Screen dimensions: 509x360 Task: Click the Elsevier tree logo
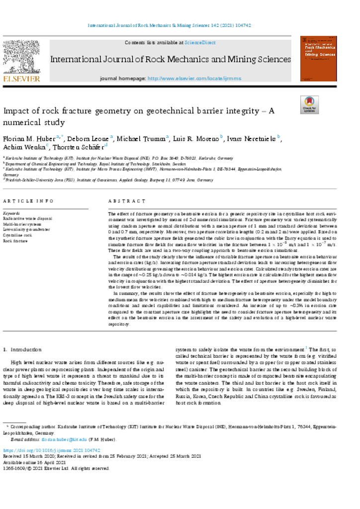[21, 57]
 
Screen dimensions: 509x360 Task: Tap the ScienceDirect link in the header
[200, 43]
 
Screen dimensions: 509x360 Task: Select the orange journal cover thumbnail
[319, 58]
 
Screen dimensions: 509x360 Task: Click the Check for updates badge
[309, 105]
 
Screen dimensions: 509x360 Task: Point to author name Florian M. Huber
[29, 138]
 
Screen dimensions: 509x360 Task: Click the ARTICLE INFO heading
[28, 201]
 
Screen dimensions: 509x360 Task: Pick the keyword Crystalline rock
[18, 235]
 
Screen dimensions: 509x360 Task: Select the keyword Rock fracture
[15, 241]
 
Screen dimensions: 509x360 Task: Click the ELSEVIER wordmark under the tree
[21, 79]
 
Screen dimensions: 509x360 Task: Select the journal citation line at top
[180, 25]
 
